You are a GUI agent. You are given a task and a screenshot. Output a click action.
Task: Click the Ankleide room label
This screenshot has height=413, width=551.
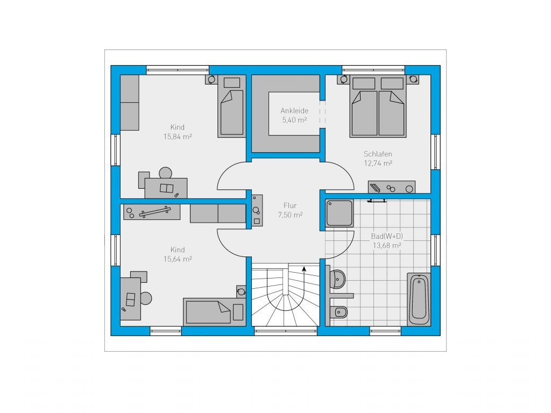(294, 111)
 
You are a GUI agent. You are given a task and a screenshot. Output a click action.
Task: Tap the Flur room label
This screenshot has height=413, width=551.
(290, 205)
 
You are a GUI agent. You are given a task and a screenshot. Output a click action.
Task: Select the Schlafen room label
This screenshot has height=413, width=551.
(378, 154)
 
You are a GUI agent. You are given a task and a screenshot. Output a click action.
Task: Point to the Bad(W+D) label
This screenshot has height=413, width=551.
(387, 237)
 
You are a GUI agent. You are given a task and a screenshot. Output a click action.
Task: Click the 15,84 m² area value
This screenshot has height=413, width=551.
(178, 137)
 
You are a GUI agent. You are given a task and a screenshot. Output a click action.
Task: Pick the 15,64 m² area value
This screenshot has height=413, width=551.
(178, 259)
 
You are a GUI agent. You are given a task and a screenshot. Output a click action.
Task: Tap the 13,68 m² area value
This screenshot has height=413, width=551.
(387, 245)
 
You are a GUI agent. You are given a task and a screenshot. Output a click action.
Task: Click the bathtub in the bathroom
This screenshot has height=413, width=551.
(419, 299)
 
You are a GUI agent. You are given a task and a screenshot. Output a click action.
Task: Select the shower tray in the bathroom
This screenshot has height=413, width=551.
(339, 213)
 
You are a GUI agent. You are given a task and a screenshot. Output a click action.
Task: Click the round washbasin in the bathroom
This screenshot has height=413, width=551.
(338, 279)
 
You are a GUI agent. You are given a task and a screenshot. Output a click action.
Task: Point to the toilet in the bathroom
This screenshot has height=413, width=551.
(339, 312)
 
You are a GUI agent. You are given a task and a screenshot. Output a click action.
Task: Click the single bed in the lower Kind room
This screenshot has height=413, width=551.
(214, 312)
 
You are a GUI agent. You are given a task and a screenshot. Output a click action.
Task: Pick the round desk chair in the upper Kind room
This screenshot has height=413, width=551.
(166, 173)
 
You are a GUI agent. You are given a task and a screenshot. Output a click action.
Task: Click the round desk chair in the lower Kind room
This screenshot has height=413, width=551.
(146, 298)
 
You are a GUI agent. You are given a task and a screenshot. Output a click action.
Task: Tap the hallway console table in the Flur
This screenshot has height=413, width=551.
(257, 210)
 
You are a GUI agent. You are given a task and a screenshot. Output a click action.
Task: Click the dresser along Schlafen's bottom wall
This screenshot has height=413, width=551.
(392, 187)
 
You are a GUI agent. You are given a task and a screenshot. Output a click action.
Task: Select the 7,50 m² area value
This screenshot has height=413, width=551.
(290, 215)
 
